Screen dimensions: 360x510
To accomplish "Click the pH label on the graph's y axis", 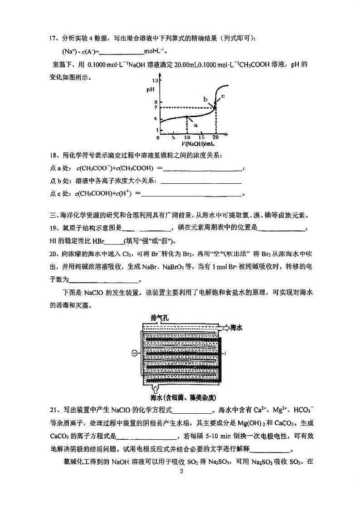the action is [x=151, y=89].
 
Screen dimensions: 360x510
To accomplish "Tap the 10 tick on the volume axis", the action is [x=187, y=137].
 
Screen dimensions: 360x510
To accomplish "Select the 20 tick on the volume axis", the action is [x=215, y=137].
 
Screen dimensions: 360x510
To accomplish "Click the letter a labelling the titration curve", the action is [x=195, y=125].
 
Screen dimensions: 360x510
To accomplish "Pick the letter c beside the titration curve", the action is [x=223, y=96].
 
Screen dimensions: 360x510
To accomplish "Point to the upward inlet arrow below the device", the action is [x=156, y=389].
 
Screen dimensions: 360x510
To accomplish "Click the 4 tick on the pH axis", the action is [x=155, y=118].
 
